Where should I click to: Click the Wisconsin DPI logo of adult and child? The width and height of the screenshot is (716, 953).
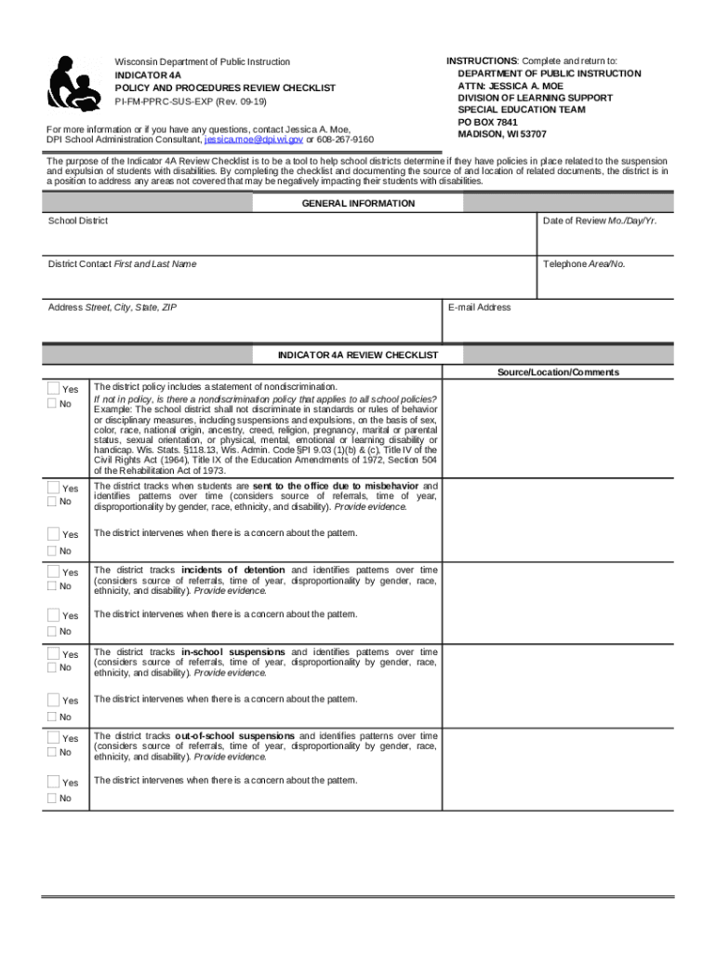[x=74, y=84]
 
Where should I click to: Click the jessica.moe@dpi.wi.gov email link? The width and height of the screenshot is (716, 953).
[x=253, y=140]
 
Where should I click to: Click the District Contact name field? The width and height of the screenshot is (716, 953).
[x=288, y=281]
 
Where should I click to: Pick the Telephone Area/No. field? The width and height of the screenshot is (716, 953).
[x=604, y=281]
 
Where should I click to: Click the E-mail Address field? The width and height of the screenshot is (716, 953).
[x=558, y=326]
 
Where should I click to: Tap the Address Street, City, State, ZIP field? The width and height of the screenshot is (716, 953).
[x=242, y=326]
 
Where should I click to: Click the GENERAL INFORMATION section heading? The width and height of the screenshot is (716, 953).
[x=358, y=204]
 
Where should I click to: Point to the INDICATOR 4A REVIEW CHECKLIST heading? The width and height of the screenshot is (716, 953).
[x=358, y=356]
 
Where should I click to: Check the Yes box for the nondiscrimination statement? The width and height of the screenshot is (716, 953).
[x=53, y=389]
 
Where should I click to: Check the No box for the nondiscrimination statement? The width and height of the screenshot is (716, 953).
[x=53, y=403]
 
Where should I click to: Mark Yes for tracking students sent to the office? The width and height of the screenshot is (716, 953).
[x=53, y=488]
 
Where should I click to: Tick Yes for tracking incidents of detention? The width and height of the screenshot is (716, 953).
[x=53, y=571]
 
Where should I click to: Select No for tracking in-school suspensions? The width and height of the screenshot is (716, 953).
[x=53, y=667]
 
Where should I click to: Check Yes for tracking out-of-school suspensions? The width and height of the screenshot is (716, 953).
[x=53, y=738]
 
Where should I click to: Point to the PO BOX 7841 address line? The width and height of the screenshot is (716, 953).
[x=487, y=122]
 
